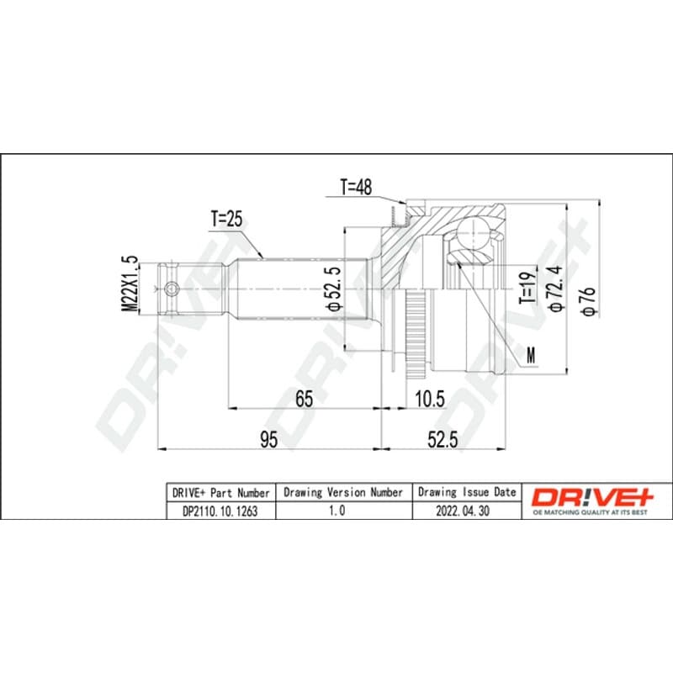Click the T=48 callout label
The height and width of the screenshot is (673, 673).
point(356,187)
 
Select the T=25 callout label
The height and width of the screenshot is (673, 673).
point(226,219)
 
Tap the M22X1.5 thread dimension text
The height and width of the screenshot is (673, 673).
point(130,284)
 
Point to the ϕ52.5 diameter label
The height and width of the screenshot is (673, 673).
point(333,288)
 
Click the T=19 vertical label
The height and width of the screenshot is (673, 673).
point(527,288)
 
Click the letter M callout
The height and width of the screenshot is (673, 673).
point(532,355)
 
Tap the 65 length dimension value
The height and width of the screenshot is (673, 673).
point(305,399)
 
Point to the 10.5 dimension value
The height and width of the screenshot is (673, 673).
point(431,399)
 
